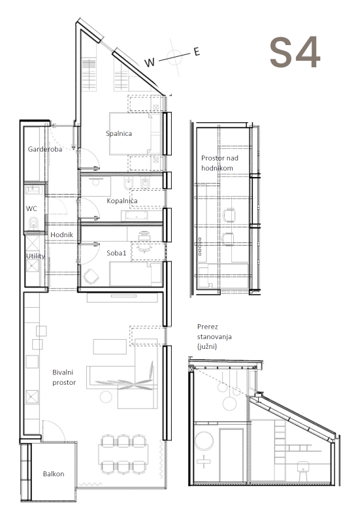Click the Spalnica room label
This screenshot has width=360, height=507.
click(x=119, y=133)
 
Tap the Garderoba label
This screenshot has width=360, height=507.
click(x=45, y=149)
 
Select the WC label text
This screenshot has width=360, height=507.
click(x=31, y=208)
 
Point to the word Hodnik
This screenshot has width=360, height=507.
click(x=62, y=235)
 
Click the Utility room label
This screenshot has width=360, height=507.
click(x=35, y=256)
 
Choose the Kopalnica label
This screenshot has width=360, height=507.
click(x=122, y=201)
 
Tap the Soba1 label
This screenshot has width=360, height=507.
click(x=116, y=253)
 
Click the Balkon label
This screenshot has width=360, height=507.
click(x=54, y=474)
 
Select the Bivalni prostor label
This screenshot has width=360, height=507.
click(x=64, y=378)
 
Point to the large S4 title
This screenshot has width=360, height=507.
click(x=295, y=52)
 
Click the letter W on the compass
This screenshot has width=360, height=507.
click(x=150, y=62)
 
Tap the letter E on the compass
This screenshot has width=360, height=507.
click(x=197, y=52)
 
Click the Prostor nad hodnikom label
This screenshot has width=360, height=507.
click(x=220, y=163)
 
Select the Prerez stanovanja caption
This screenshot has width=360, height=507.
click(x=214, y=336)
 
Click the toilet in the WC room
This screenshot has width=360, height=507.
click(x=33, y=223)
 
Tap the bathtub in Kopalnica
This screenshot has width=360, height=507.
click(x=141, y=216)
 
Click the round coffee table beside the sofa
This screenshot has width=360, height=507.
click(x=106, y=397)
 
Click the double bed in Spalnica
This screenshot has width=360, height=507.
click(x=135, y=133)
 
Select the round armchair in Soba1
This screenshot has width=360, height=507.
click(x=91, y=276)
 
